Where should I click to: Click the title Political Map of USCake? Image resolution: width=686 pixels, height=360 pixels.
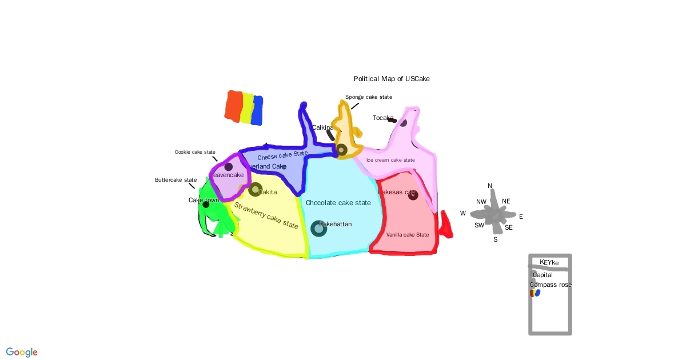coord(392,79)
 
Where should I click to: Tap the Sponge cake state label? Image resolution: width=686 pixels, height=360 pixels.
coord(369,97)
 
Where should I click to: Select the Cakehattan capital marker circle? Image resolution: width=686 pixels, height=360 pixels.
coord(318,228)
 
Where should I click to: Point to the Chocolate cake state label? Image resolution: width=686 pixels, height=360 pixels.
coord(338,203)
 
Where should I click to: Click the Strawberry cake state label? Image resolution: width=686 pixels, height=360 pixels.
coord(266,215)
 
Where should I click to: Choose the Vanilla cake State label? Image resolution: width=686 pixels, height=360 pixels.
coord(407,235)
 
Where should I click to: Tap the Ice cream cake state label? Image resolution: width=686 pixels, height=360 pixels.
coord(390,160)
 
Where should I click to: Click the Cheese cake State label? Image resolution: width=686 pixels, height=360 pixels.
coord(282,155)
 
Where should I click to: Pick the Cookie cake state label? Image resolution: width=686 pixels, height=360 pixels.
coord(195,152)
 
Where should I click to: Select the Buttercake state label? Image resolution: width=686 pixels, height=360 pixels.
coord(176,180)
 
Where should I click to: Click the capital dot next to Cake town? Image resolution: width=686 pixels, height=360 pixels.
coord(206,205)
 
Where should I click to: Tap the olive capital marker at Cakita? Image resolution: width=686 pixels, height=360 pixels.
coord(255,190)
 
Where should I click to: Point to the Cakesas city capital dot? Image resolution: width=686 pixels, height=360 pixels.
coord(413,195)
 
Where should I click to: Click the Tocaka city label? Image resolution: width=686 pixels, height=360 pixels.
coord(382,118)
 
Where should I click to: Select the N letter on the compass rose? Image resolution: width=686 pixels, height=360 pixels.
coord(490,186)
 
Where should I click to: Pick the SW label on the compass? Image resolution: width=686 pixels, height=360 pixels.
coord(479,226)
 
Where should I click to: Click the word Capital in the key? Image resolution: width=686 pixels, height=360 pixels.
coord(543,275)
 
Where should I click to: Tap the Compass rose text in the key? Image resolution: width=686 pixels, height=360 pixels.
coord(551,285)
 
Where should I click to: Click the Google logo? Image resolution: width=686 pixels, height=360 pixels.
coord(22,353)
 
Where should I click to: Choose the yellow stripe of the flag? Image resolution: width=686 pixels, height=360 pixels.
coord(246,108)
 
